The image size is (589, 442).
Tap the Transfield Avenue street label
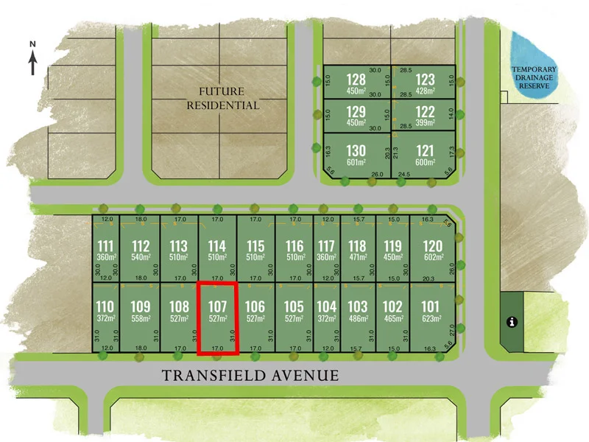[250, 376]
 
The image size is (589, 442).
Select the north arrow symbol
[33, 59]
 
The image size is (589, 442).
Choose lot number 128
[356, 79]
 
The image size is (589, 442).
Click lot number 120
[433, 246]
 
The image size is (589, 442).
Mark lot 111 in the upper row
[106, 246]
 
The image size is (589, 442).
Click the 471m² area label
[357, 257]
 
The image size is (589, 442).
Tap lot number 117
[326, 246]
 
